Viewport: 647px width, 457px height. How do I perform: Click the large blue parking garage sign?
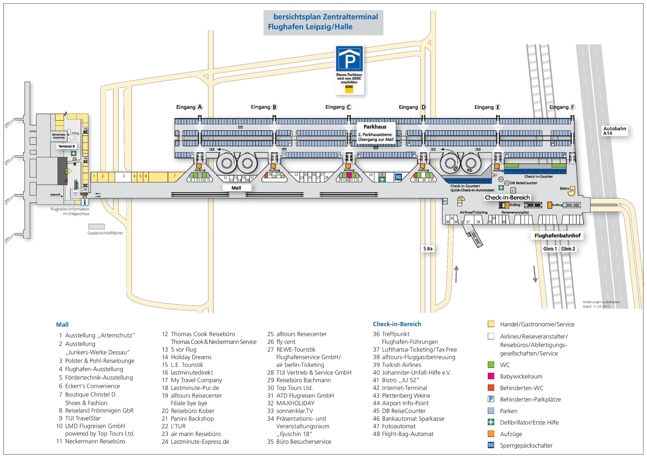pos(349,58)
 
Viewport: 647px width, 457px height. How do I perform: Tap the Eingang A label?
pos(189,107)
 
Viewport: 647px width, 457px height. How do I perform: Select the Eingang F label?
pos(562,107)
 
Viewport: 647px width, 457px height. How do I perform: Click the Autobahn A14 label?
pos(614,131)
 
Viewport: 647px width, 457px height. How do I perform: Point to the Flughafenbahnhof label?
pos(557,236)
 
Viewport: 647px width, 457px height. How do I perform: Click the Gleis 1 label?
pos(550,249)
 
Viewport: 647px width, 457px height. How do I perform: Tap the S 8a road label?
pos(428,249)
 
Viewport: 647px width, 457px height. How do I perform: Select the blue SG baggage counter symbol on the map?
pos(398,177)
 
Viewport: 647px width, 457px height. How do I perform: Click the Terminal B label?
pos(67,146)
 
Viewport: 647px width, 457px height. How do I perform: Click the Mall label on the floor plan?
pos(236,188)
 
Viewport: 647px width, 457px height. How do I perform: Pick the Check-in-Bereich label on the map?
pos(507,197)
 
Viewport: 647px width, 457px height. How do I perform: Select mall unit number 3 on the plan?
pos(123,176)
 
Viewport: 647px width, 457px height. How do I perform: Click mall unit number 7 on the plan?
pos(175,176)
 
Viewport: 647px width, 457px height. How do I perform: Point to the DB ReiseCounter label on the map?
pos(523,183)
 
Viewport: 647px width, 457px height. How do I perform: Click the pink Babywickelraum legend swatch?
pos(491,376)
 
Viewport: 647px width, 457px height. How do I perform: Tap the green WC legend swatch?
pos(491,365)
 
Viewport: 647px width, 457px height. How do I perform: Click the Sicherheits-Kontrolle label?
pos(59,136)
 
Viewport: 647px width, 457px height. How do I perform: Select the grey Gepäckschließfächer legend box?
pos(96,227)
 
